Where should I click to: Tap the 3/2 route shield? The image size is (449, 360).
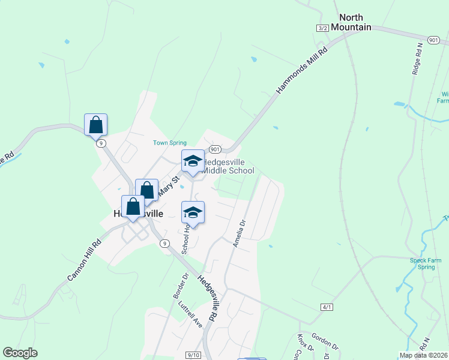[x=323, y=28]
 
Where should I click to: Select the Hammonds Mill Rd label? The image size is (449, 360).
[x=303, y=70]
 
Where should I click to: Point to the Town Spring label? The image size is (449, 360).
[x=170, y=143]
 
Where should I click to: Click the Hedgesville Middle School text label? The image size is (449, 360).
[x=228, y=167]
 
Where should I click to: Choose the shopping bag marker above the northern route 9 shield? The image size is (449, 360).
[x=95, y=125]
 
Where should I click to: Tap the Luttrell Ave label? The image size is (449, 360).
[x=190, y=313]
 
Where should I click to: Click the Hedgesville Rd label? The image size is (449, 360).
[x=207, y=298]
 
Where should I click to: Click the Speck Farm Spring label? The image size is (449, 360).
[x=425, y=263]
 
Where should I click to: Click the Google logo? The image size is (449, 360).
[x=20, y=353]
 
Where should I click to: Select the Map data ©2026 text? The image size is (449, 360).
[x=424, y=355]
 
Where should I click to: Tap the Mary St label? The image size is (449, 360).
[x=168, y=187]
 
